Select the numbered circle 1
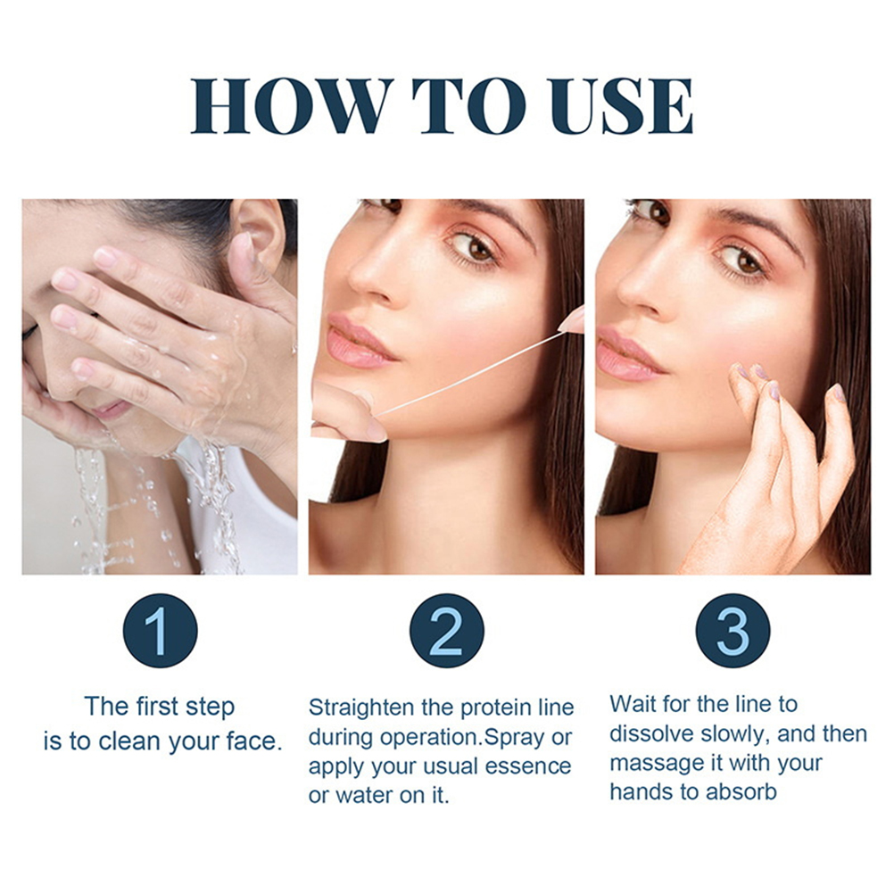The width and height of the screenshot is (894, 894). click(161, 631)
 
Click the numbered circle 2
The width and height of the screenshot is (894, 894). click(446, 631)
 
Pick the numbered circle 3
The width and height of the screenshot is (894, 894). click(733, 631)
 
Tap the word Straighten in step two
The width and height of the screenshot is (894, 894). click(361, 708)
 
